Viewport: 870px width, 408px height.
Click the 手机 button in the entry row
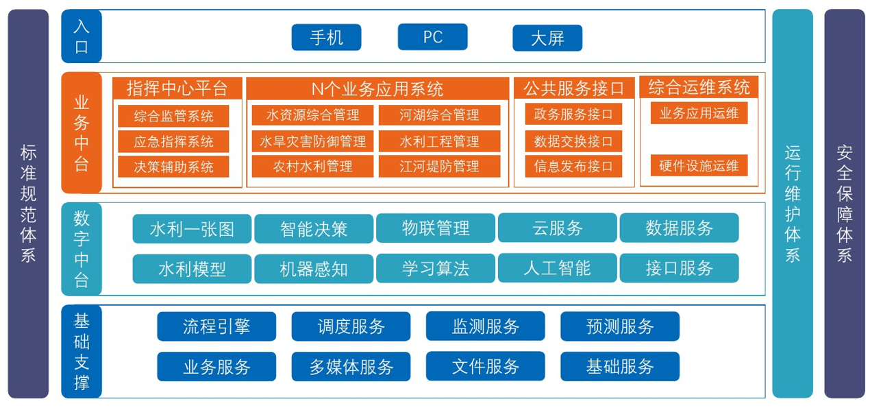pyautogui.click(x=326, y=37)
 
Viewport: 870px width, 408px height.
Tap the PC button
pyautogui.click(x=432, y=37)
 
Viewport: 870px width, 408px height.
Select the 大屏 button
pyautogui.click(x=547, y=38)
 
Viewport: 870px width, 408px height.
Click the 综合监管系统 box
pyautogui.click(x=173, y=115)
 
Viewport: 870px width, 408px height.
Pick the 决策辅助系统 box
pyautogui.click(x=173, y=166)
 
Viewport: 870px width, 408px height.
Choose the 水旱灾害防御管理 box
pyautogui.click(x=312, y=141)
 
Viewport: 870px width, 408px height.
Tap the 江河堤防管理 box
pyautogui.click(x=439, y=166)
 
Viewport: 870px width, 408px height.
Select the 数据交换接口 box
pyautogui.click(x=573, y=141)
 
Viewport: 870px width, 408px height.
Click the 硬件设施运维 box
pyautogui.click(x=699, y=165)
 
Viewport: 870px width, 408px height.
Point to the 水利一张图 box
pyautogui.click(x=192, y=228)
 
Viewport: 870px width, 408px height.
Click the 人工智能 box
pyautogui.click(x=557, y=268)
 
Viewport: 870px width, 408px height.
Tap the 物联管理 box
pyautogui.click(x=436, y=228)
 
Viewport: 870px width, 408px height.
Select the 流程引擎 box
pyautogui.click(x=216, y=326)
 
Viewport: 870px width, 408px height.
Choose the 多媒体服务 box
pyautogui.click(x=351, y=367)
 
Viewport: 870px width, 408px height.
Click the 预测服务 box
pyautogui.click(x=620, y=326)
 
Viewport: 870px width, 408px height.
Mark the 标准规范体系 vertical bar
pyautogui.click(x=28, y=204)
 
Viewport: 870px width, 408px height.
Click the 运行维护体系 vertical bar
pyautogui.click(x=793, y=204)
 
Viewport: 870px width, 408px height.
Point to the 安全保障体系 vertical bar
pyautogui.click(x=844, y=204)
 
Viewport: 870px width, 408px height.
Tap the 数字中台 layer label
pyautogui.click(x=82, y=249)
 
